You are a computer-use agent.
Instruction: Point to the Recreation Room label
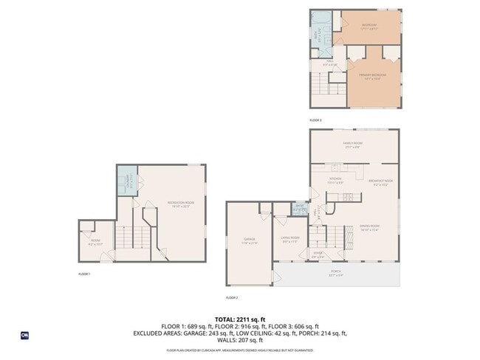(179, 204)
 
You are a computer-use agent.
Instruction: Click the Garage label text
(249, 240)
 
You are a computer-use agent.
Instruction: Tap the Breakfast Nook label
(380, 182)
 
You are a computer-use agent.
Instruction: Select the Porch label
(336, 272)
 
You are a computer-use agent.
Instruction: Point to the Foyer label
(318, 255)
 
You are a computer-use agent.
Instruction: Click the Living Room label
(289, 238)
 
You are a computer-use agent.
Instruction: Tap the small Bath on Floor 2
(301, 209)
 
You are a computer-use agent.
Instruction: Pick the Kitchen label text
(336, 179)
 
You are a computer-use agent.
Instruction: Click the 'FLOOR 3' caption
(315, 120)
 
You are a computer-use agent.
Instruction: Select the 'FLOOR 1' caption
(84, 274)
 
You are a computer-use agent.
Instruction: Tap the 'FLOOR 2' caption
(232, 297)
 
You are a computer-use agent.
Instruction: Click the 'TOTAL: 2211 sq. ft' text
(240, 319)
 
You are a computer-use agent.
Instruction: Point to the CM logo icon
(24, 335)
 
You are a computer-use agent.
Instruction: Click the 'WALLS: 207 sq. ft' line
(240, 340)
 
